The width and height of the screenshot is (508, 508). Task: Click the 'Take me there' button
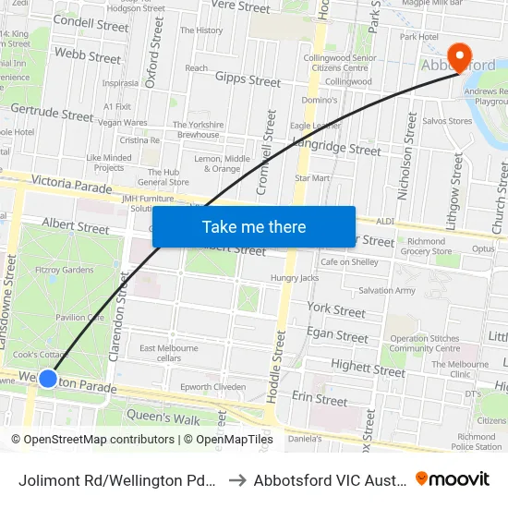coord(254,226)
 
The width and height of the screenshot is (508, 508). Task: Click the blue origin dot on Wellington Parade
coord(48,379)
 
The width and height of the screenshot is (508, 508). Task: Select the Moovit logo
coord(453,478)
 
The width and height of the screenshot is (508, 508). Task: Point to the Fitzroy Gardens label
coord(64,270)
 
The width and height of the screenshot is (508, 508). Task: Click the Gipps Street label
coord(248,80)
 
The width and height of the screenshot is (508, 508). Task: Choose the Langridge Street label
coord(335,147)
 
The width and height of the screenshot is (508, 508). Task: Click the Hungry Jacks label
coord(294,277)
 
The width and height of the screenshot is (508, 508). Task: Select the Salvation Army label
coord(388,290)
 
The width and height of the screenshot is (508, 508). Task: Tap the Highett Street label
coord(368,368)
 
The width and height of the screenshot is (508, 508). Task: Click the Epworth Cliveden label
coord(212,387)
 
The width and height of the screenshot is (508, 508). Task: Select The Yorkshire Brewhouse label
coord(198,129)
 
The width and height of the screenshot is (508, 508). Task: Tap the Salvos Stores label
coord(447,121)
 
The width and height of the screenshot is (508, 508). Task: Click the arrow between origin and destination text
coord(235,479)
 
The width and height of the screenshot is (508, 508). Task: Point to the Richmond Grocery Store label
coord(426,247)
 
